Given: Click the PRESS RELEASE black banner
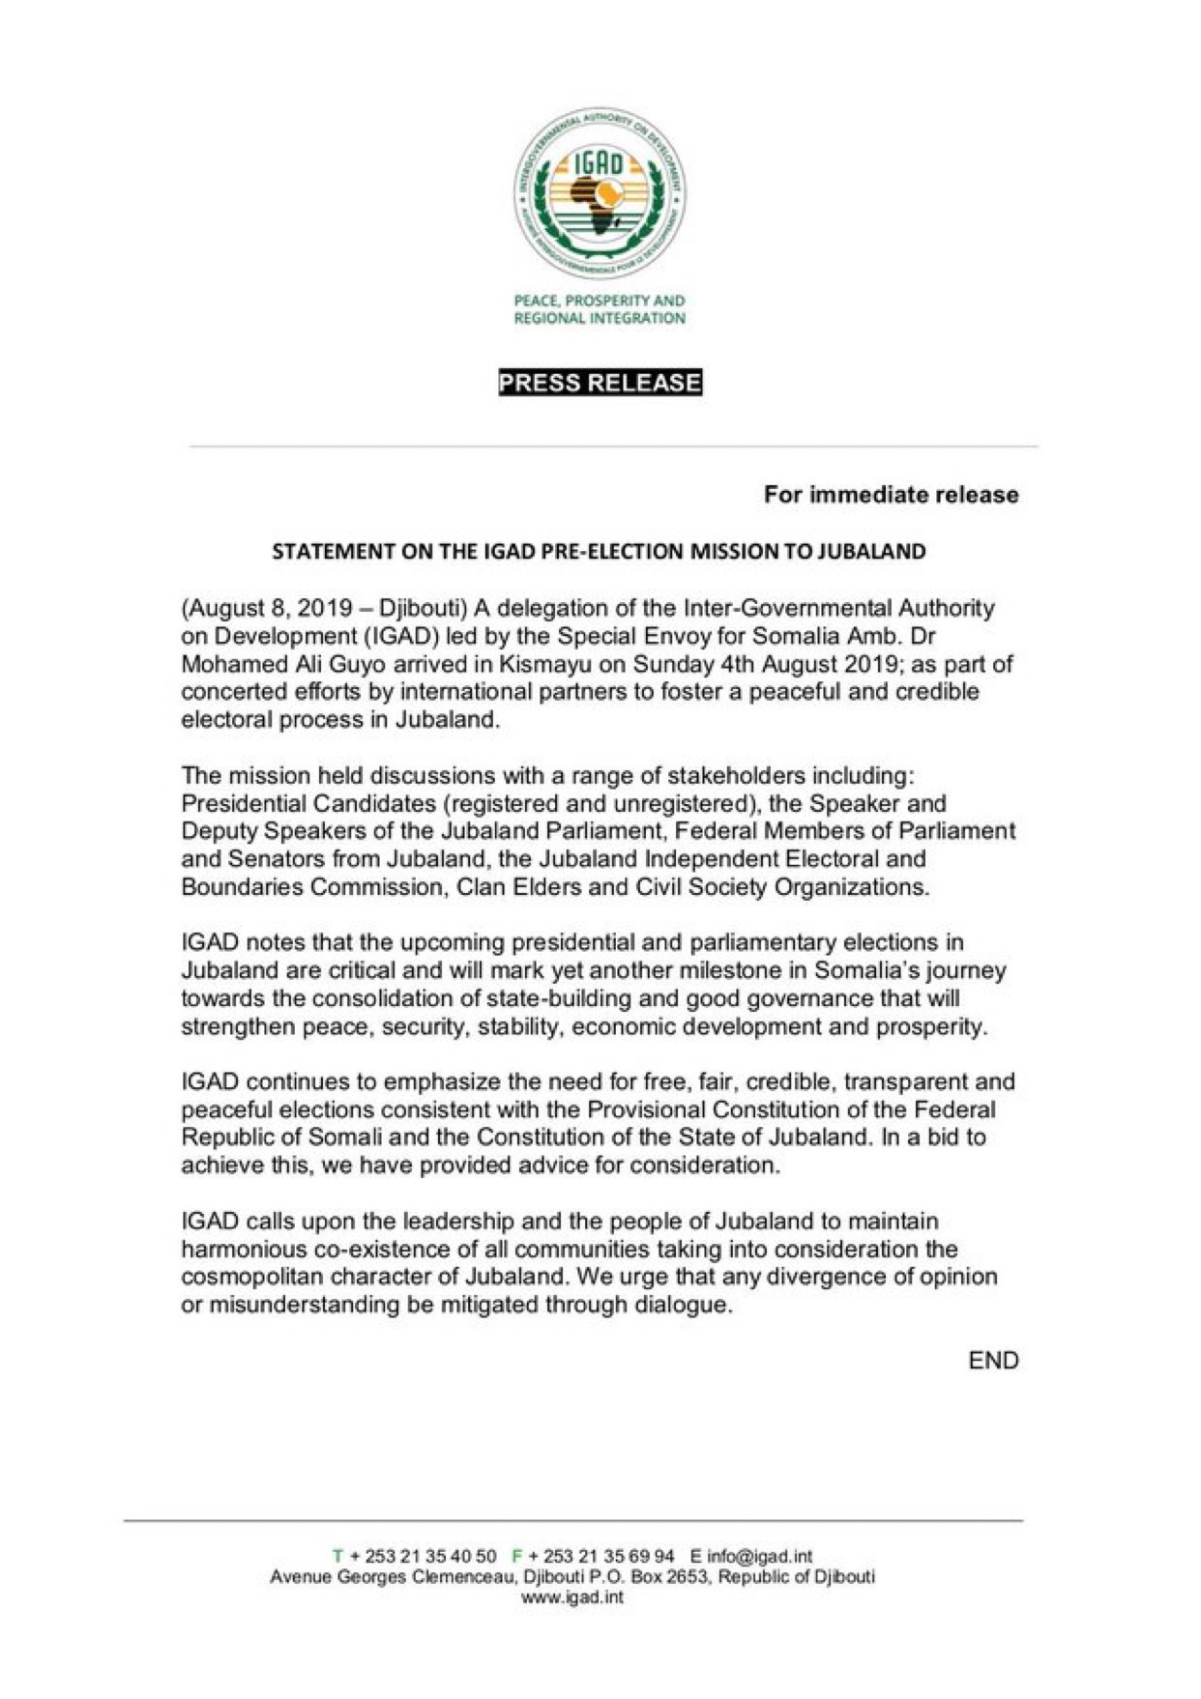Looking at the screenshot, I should tap(600, 383).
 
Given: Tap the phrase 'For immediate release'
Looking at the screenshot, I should tap(891, 495).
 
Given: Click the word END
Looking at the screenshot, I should tap(993, 1361).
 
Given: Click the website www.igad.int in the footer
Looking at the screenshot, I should tap(572, 1598).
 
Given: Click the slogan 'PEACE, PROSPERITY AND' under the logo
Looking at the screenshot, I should tap(600, 302).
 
